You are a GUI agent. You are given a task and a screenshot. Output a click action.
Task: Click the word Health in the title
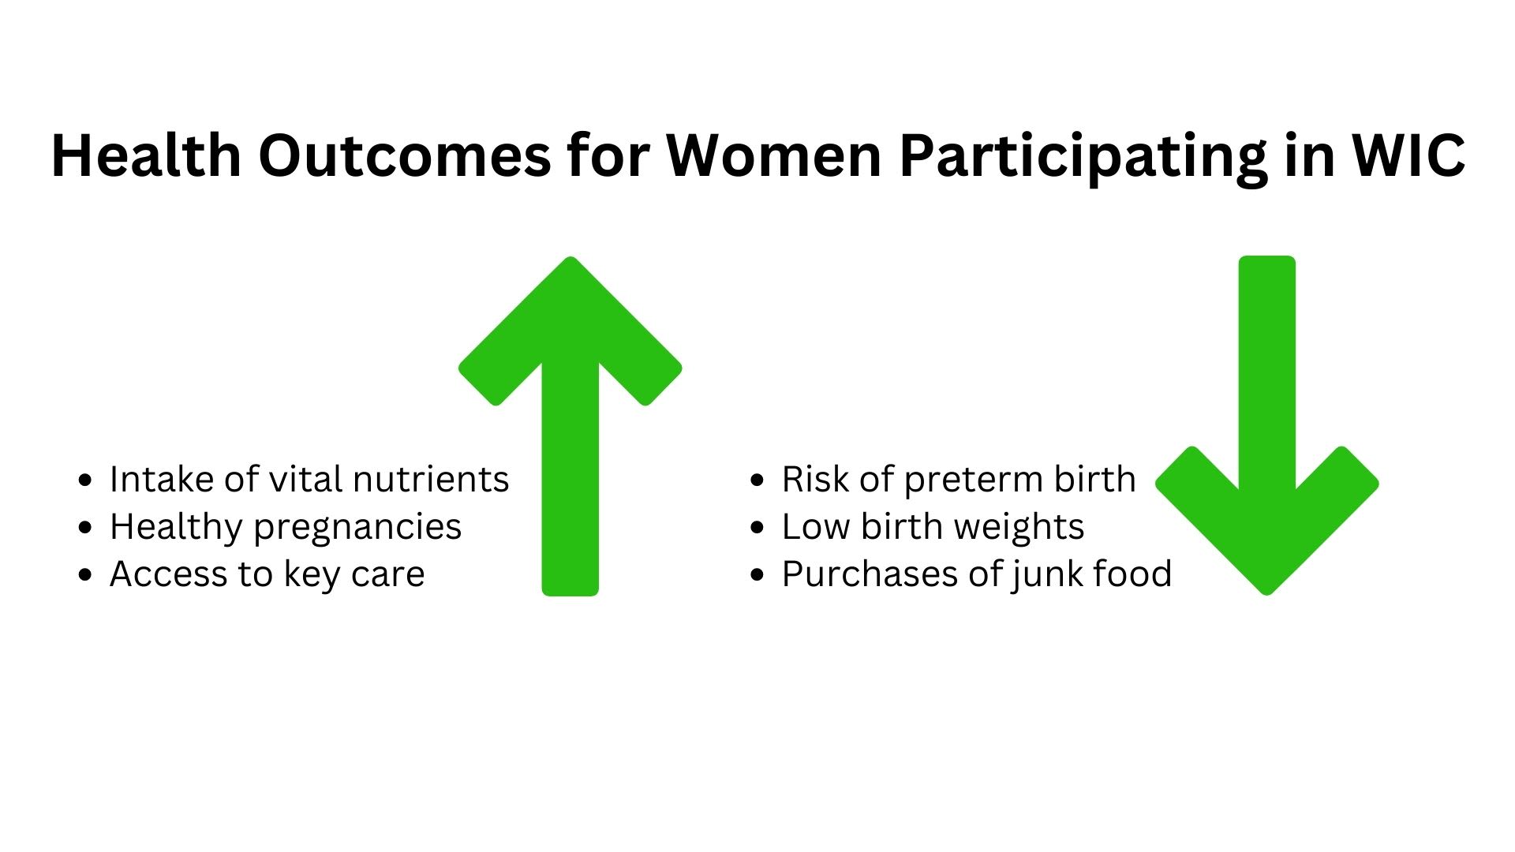coord(146,155)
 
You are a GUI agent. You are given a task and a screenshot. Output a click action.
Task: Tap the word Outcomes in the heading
coord(405,155)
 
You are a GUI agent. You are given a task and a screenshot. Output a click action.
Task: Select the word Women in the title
coord(773,155)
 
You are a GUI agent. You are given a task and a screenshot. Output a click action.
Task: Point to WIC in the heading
coord(1408,155)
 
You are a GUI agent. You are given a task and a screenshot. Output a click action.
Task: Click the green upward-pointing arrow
coord(570,426)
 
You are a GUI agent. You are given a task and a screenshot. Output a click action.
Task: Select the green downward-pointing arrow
coord(1267,426)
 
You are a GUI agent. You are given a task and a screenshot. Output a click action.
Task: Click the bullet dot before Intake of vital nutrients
coord(86,480)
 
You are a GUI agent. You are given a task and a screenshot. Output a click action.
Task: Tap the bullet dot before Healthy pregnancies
coord(86,527)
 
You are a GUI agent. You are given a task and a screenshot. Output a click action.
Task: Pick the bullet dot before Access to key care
coord(86,574)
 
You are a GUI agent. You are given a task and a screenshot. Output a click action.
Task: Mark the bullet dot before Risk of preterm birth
coord(758,480)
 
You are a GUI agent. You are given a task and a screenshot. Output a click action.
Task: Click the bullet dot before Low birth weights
coord(758,527)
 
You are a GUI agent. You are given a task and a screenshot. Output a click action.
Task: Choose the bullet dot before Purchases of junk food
coord(758,574)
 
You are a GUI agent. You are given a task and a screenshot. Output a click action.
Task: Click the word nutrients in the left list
coord(431,480)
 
